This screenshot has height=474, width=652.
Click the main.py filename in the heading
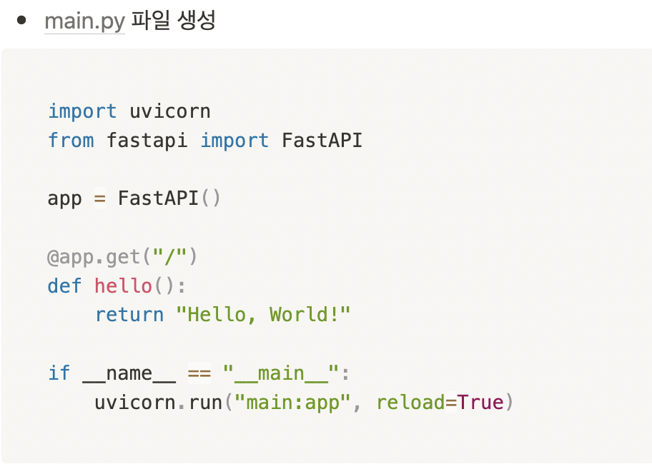pos(84,21)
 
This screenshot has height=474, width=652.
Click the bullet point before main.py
pos(21,20)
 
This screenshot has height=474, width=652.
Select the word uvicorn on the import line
pos(170,111)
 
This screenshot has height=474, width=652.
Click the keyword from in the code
pos(71,140)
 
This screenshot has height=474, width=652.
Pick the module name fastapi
pos(147,140)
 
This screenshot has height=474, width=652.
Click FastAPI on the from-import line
pos(322,140)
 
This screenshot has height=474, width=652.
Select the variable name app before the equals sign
pos(65,198)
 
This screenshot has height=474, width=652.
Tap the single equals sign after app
pos(100,198)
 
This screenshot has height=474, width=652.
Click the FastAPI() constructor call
pos(169,198)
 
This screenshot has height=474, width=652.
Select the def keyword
pos(65,286)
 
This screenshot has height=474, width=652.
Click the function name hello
pos(123,286)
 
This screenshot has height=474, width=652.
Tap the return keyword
pos(129,315)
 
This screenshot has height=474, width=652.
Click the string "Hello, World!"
pos(263,315)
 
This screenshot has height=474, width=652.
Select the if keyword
pos(59,373)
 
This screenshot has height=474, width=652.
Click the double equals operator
pos(199,373)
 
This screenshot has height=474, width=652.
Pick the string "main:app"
pos(298,403)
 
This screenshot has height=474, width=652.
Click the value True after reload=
pos(480,403)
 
